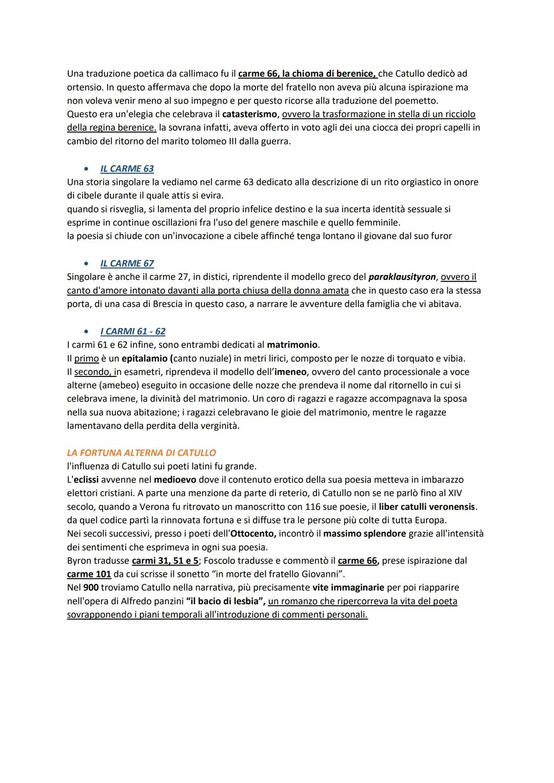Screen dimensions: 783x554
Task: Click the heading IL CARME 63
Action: (x=127, y=169)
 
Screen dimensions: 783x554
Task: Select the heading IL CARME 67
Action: (x=127, y=264)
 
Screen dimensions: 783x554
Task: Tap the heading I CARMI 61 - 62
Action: (x=133, y=331)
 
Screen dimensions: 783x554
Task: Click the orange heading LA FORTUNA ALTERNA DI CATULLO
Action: (x=141, y=453)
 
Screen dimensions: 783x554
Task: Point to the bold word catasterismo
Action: (x=249, y=114)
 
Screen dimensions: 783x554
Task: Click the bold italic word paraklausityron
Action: (x=402, y=277)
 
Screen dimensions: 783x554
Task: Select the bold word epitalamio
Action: (x=144, y=358)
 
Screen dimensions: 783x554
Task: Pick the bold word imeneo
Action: (x=291, y=372)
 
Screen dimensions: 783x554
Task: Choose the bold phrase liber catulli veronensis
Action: (x=427, y=507)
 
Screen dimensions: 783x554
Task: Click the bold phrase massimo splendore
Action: (x=364, y=534)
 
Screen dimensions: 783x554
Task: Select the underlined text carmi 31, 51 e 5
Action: (x=165, y=560)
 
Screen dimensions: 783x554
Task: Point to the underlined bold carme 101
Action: (x=89, y=574)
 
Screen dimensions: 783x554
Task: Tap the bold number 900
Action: (x=91, y=588)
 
